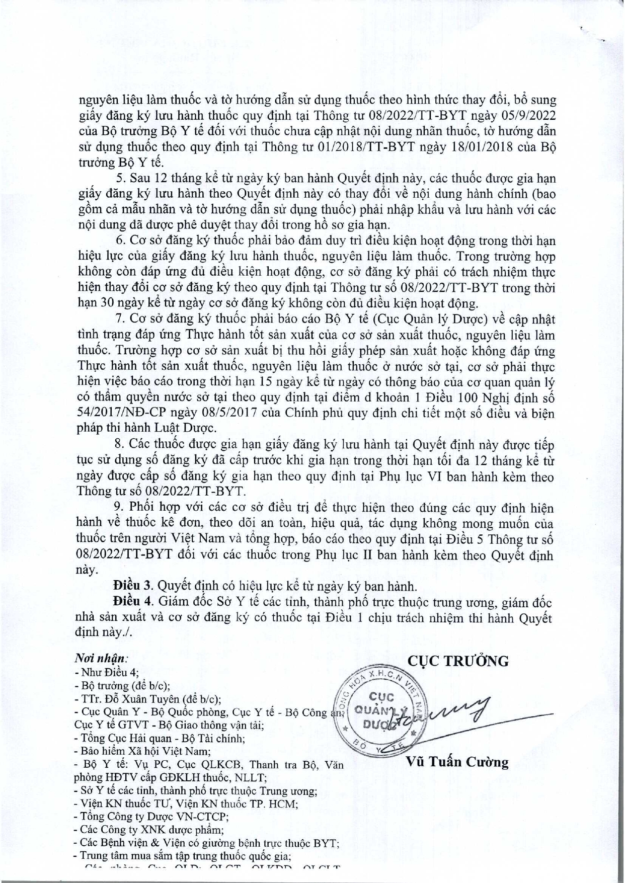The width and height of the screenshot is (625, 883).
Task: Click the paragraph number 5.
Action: pyautogui.click(x=119, y=179)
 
